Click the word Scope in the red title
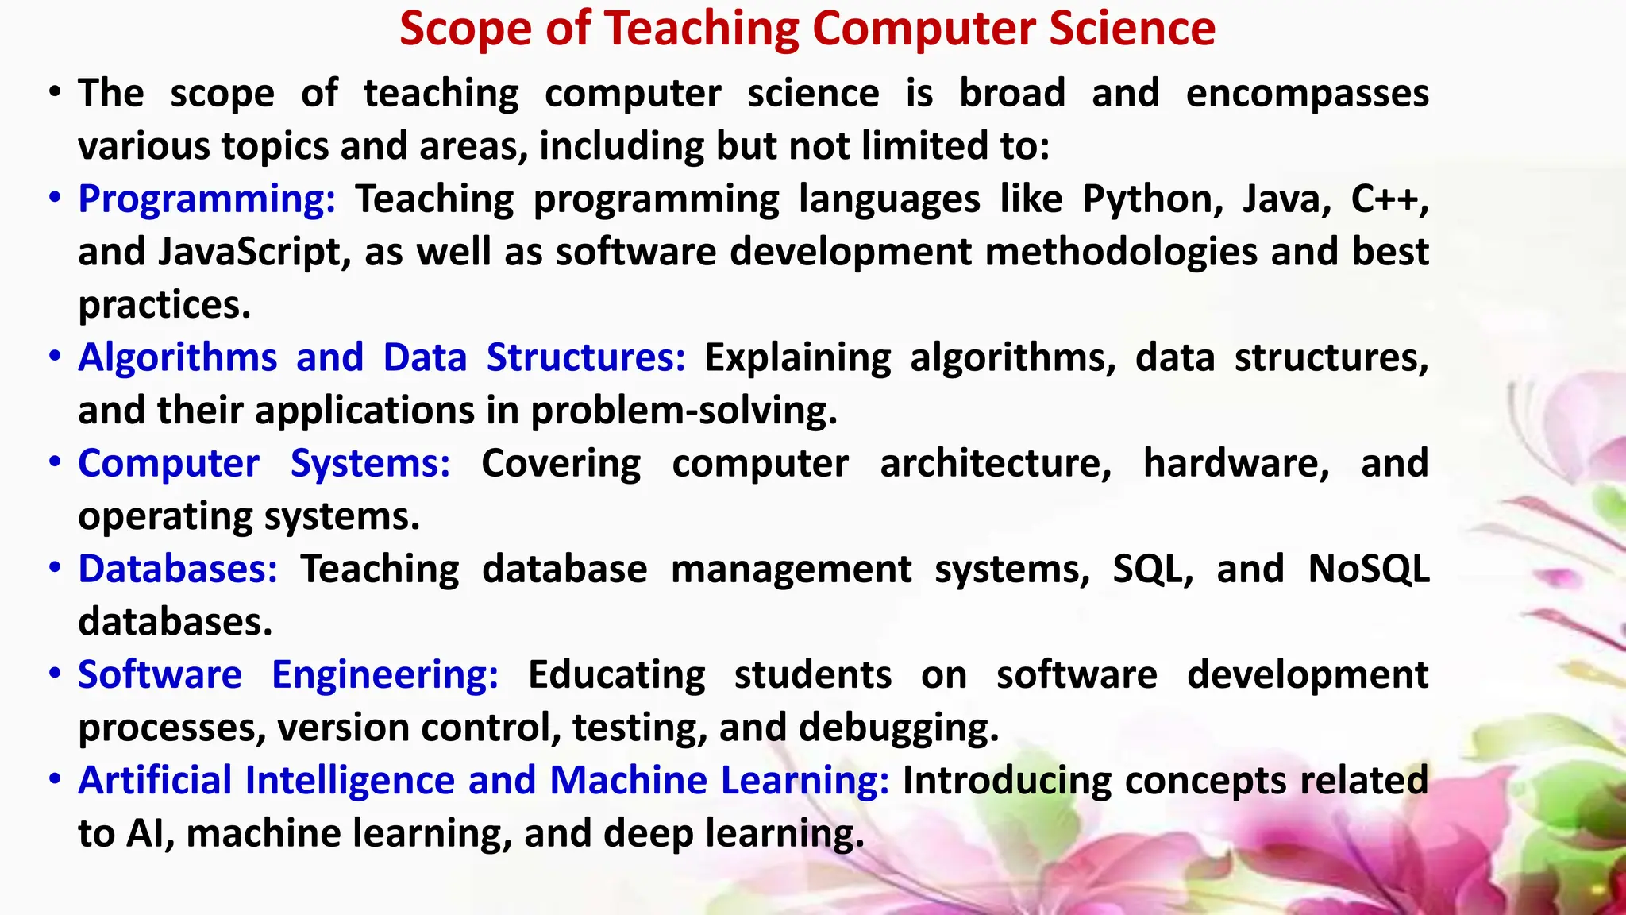465,29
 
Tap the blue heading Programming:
206,199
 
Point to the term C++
1389,199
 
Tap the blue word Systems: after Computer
370,463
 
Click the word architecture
996,463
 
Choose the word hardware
1236,463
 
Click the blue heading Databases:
178,569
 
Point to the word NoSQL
1369,569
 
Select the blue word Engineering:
385,675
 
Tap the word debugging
898,728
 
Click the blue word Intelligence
349,780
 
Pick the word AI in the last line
150,833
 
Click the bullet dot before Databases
55,568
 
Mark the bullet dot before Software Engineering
55,674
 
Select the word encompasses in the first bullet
1307,94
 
